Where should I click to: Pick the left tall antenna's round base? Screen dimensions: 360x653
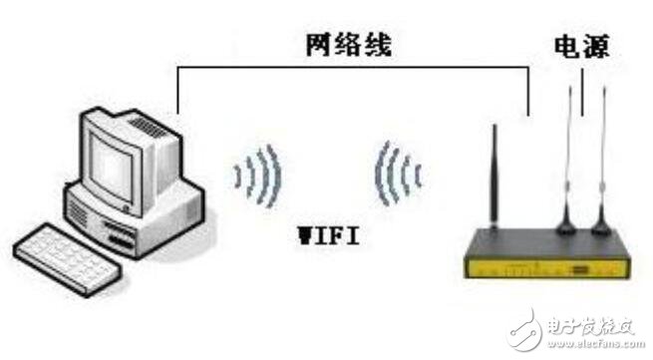(x=565, y=223)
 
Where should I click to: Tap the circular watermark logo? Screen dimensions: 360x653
(x=525, y=330)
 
